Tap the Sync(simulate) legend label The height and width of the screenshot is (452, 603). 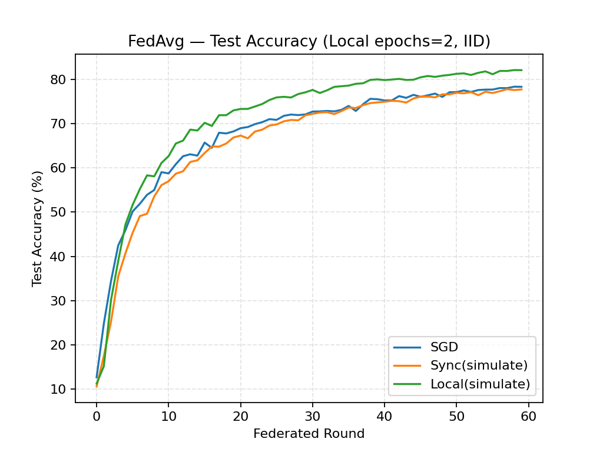(x=488, y=365)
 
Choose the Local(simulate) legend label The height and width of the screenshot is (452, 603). (x=488, y=384)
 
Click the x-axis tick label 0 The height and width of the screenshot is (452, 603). (x=97, y=415)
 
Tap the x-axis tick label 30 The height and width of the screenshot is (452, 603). (x=313, y=415)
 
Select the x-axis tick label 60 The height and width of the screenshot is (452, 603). (x=529, y=415)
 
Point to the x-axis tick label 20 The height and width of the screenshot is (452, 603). (x=241, y=415)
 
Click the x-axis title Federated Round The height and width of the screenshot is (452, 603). (x=309, y=434)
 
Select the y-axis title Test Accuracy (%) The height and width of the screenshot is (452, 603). (x=38, y=228)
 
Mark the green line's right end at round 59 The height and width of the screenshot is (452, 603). (x=522, y=70)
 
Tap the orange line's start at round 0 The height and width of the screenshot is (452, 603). (x=97, y=386)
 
